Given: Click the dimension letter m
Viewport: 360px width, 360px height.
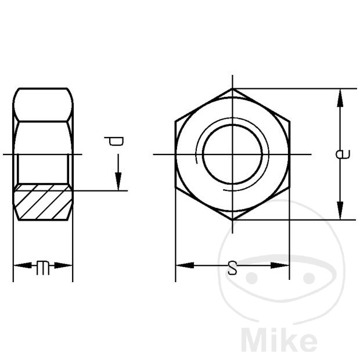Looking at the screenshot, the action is click(x=43, y=268).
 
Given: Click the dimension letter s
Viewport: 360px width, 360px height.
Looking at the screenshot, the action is click(x=232, y=268).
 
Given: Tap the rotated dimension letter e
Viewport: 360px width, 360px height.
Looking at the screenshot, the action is click(x=343, y=154).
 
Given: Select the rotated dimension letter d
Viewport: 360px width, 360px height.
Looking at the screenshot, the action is click(x=114, y=141).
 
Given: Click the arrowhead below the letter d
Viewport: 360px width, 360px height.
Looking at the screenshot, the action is click(x=118, y=181).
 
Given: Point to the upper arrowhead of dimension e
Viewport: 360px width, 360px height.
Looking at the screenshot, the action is click(x=340, y=98).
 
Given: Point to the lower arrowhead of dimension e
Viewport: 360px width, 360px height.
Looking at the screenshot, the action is click(x=340, y=210).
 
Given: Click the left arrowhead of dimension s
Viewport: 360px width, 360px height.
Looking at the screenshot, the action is click(x=185, y=265).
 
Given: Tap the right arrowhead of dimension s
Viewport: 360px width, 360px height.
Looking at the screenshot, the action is click(x=280, y=265).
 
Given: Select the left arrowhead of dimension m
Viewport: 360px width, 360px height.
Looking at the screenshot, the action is click(x=23, y=265).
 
